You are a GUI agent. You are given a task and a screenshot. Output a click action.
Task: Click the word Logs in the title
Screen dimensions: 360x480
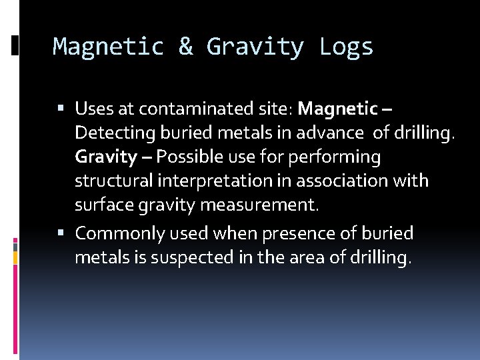tap(347, 47)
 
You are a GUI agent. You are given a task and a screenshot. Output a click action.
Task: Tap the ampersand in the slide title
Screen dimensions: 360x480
tap(186, 47)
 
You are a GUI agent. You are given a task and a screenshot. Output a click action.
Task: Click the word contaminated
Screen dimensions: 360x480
tap(209, 107)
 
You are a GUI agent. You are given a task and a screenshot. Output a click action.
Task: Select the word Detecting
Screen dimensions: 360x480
tap(110, 133)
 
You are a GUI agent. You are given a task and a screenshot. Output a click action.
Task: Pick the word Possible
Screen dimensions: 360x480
tap(195, 157)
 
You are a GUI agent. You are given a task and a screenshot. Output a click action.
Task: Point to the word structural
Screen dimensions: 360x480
tap(111, 181)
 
